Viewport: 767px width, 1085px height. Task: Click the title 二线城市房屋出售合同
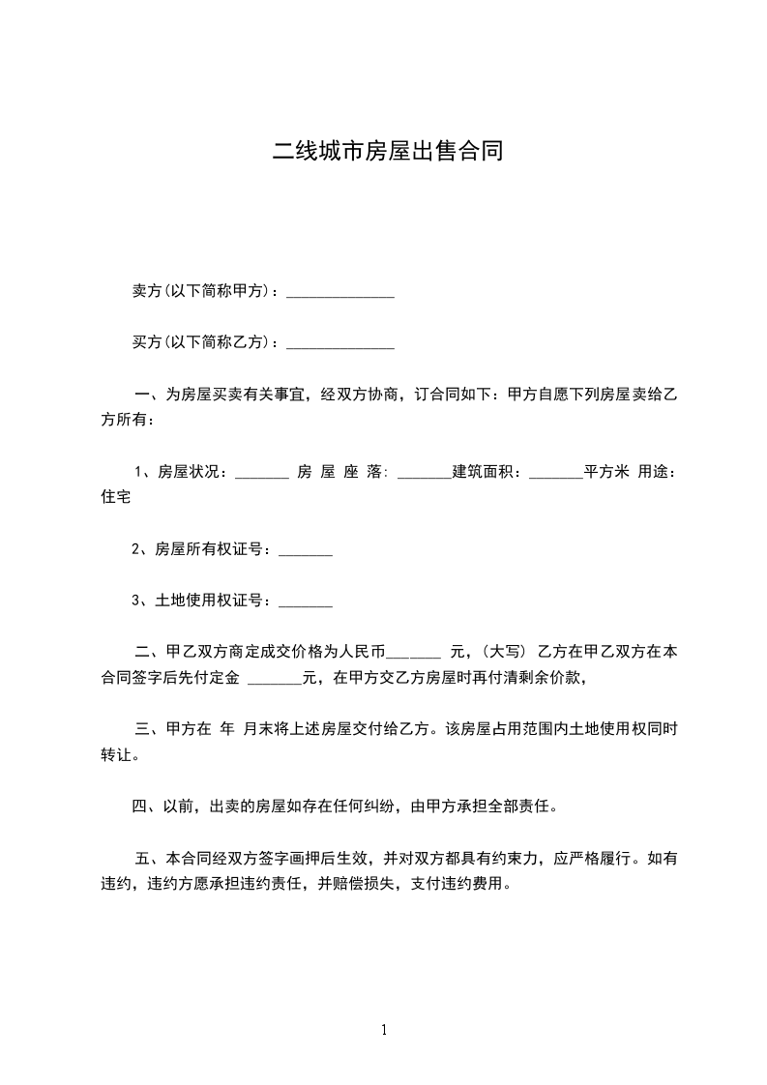387,152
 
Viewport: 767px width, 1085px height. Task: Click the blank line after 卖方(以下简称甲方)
340,294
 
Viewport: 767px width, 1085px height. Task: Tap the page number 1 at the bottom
384,1030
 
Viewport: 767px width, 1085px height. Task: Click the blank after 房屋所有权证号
306,553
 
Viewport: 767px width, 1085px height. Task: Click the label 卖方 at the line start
145,290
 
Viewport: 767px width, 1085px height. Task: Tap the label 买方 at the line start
145,342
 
